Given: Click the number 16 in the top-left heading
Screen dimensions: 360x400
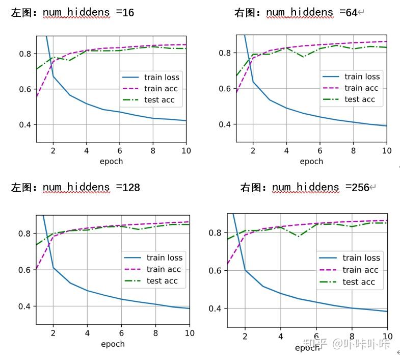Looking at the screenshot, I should coord(128,12).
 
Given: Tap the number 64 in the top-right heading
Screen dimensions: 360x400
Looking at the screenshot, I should coord(351,12).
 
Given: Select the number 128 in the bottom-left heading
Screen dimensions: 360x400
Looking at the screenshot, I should coord(131,187).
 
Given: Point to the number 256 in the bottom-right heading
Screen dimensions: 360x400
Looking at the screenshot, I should coord(360,187).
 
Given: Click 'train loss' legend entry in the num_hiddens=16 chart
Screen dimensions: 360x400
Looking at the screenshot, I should coord(162,78).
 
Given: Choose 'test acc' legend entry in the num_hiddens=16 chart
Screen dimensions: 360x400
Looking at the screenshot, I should coord(159,100).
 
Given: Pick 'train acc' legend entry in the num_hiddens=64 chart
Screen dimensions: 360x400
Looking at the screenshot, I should coord(361,88).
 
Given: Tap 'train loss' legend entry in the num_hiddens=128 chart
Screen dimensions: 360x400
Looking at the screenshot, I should coord(164,258).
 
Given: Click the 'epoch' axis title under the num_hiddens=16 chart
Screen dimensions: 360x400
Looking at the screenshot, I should coord(111,161).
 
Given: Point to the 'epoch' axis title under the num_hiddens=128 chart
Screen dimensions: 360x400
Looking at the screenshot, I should coord(113,344).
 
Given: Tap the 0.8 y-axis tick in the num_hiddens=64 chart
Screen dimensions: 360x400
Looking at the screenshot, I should coord(224,53).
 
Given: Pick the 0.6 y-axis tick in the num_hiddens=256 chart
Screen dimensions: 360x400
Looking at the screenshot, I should coord(216,271).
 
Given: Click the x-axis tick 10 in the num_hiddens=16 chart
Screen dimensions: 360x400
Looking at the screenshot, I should coord(186,150).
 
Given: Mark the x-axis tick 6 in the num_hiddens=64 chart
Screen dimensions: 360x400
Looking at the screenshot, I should coord(319,150).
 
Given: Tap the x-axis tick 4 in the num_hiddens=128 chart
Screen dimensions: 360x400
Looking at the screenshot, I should coord(87,333).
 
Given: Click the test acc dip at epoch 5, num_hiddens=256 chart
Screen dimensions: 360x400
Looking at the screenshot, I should coord(298,236).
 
